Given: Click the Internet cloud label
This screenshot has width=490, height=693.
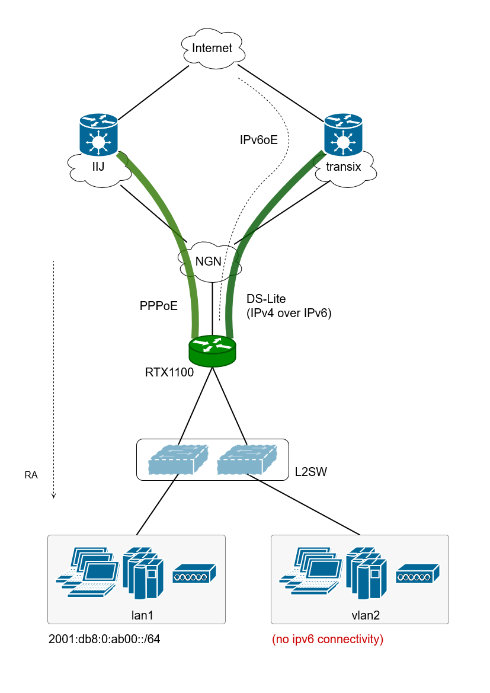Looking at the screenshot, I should (212, 48).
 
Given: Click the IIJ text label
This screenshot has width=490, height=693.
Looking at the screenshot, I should (98, 167).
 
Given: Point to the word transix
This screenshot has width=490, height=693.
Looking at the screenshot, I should (344, 167).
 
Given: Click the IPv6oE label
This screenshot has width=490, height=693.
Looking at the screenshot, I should (259, 140).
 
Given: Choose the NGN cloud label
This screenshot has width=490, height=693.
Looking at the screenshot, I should (209, 261).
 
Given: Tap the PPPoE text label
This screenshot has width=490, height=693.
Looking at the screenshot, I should (159, 306).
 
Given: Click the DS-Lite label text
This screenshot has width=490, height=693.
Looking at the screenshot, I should (266, 299).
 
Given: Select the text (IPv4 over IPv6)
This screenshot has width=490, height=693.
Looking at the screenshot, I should (289, 314).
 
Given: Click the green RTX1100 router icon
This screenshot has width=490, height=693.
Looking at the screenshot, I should (212, 351).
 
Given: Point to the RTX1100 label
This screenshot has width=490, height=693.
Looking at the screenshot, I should (169, 373).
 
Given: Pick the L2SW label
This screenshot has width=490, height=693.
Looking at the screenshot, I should (311, 472).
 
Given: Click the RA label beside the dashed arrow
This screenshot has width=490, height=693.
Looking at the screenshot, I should (31, 475).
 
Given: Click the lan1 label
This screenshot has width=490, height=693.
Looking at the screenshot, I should (142, 615).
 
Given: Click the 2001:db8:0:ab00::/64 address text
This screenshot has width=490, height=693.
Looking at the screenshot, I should (104, 640).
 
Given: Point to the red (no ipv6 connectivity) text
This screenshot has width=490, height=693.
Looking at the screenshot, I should (328, 640).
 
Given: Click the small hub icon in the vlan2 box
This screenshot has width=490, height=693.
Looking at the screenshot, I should (418, 573).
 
